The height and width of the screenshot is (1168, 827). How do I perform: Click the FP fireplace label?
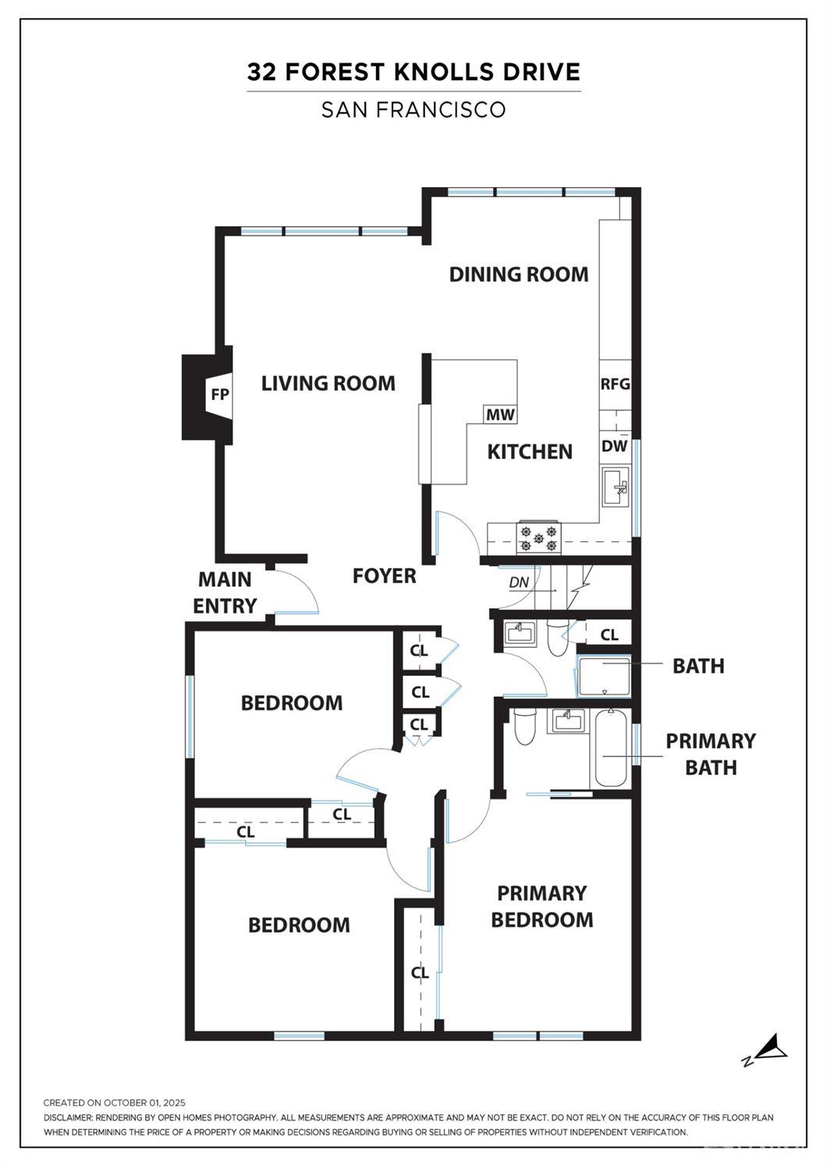tap(220, 395)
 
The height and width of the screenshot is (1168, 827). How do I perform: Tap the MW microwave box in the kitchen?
tap(500, 415)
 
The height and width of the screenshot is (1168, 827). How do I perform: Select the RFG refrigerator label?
tap(615, 384)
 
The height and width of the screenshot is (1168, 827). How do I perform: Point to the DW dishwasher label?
tap(614, 446)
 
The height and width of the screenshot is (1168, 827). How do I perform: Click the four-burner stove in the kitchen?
tap(538, 538)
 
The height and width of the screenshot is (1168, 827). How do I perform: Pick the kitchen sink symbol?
tap(616, 487)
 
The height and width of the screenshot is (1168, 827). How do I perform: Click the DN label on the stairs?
tap(519, 582)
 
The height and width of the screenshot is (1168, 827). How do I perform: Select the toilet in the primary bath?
tap(524, 727)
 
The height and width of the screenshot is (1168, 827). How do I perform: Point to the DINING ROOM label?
tap(519, 274)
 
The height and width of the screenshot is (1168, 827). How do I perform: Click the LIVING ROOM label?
tap(328, 384)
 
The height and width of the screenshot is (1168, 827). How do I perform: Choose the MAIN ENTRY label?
tap(225, 593)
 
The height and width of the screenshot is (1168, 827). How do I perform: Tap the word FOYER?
tap(385, 575)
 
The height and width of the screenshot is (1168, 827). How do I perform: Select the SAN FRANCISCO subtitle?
tap(413, 109)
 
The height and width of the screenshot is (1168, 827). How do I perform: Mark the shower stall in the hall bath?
tap(604, 676)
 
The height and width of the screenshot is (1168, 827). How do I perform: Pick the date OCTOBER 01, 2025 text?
tap(144, 1103)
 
